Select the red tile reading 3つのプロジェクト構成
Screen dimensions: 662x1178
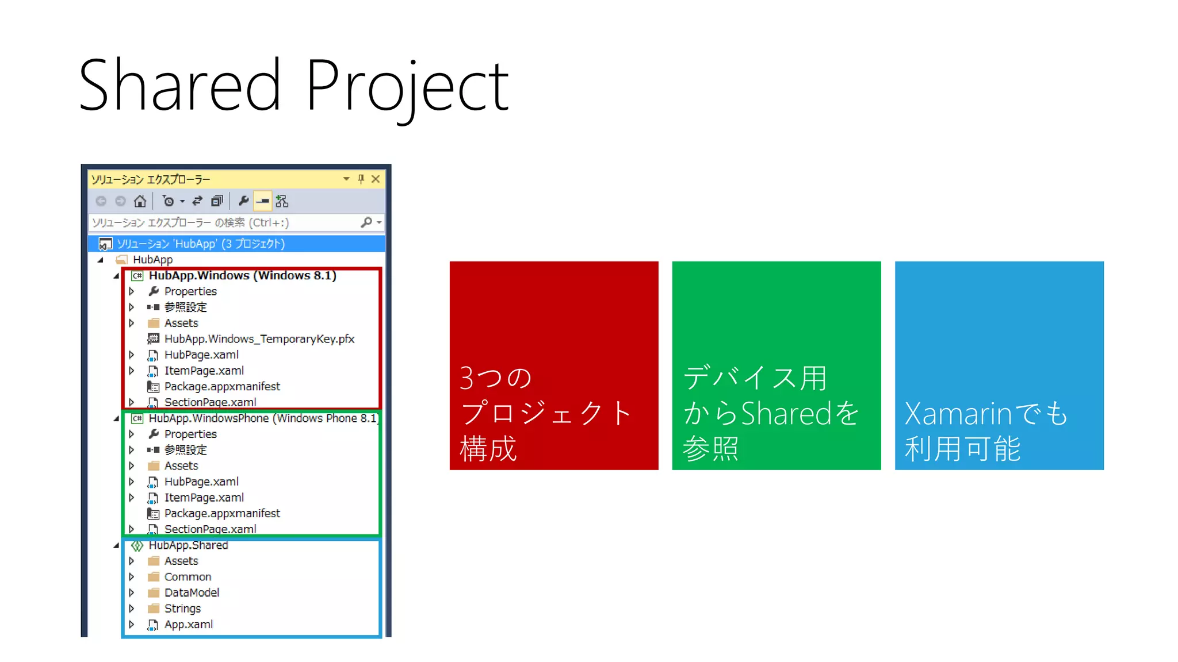[x=553, y=365]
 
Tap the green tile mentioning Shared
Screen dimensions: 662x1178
[x=776, y=365]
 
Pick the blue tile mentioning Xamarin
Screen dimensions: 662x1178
[x=999, y=365]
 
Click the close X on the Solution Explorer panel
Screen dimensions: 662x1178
[x=376, y=179]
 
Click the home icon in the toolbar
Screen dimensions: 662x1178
[x=140, y=201]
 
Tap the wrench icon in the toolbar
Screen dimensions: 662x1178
[x=243, y=201]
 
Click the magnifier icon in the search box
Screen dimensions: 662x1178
[x=366, y=222]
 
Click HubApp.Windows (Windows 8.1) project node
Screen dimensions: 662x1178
[x=242, y=276]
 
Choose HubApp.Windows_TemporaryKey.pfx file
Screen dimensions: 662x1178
[x=259, y=339]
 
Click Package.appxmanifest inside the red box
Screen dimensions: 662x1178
[x=222, y=387]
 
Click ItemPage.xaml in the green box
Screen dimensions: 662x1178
[x=204, y=498]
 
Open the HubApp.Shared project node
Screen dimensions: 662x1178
[x=188, y=545]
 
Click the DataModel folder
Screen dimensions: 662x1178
[x=191, y=592]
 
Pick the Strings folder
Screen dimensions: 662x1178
[x=182, y=609]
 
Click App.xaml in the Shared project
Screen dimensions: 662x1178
[x=188, y=625]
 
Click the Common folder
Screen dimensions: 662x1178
[x=188, y=577]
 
